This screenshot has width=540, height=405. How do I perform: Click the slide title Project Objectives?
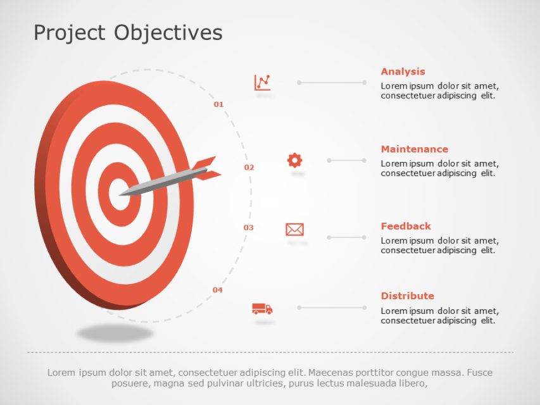point(128,32)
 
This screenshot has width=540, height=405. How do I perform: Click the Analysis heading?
point(403,72)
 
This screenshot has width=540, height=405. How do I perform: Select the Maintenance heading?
point(414,149)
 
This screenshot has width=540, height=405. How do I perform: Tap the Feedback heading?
point(405,226)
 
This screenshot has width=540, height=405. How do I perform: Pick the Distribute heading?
point(407,296)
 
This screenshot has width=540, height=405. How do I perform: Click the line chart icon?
point(263,82)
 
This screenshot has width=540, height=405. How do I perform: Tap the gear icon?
point(294,160)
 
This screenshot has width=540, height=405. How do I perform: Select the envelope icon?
point(294,229)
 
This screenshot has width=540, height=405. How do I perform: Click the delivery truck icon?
point(262,309)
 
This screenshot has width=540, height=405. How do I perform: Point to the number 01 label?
point(218,104)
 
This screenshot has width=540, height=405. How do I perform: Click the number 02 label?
point(249,168)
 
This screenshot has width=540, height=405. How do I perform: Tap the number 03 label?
point(248,228)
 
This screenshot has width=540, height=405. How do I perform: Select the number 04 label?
point(217,290)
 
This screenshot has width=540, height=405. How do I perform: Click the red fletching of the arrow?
point(208,166)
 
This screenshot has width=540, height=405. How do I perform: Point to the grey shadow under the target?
point(115,332)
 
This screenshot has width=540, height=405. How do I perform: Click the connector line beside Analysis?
point(332,82)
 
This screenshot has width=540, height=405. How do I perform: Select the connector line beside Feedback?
point(346,237)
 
